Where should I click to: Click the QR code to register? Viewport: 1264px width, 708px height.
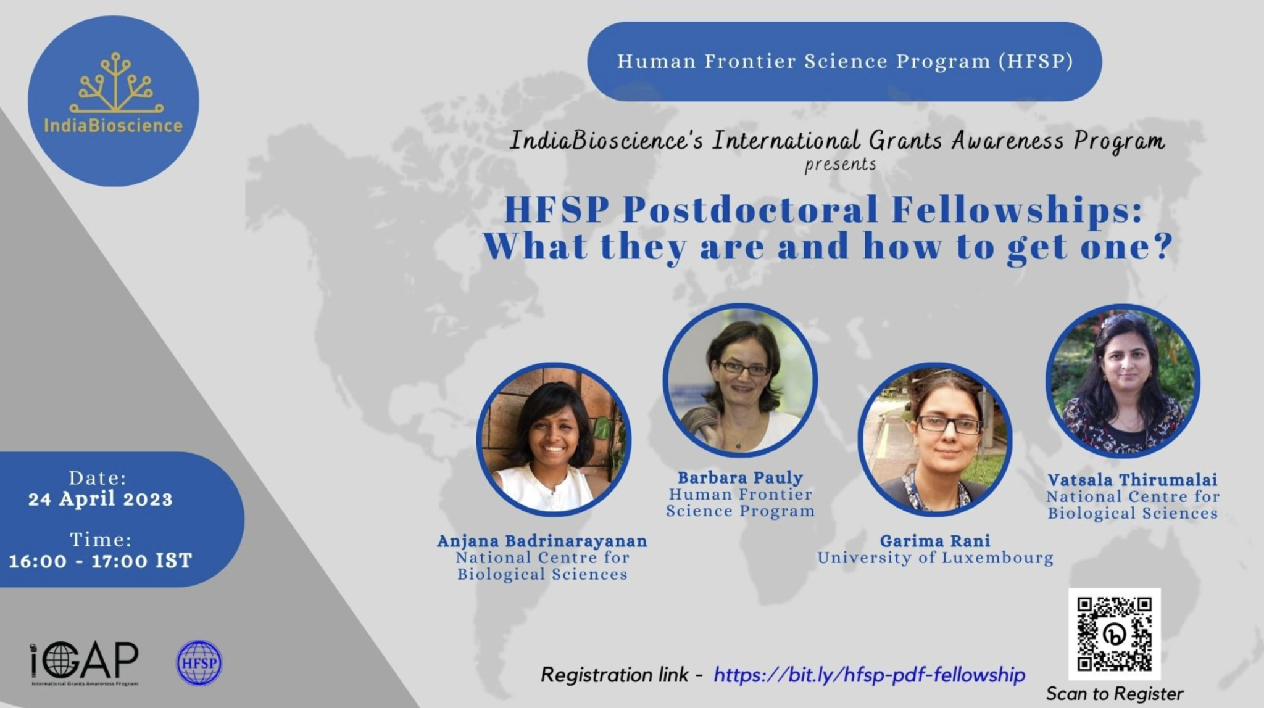1115,634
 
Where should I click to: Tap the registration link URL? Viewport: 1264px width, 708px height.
869,675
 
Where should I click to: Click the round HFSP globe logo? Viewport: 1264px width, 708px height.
199,663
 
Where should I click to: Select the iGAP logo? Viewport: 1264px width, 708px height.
85,664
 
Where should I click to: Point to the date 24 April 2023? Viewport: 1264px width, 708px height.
100,499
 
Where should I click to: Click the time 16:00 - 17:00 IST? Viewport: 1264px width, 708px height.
100,561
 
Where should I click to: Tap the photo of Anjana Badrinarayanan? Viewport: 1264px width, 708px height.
554,439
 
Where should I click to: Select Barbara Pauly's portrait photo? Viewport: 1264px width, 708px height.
740,380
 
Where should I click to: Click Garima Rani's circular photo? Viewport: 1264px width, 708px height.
935,439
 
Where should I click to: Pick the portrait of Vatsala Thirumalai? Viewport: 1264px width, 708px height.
1123,381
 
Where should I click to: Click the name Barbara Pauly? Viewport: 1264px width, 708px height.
740,477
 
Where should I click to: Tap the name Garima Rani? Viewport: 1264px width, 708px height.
935,541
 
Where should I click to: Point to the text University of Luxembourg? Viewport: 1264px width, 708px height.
935,558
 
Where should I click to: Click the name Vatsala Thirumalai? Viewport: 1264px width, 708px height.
1133,480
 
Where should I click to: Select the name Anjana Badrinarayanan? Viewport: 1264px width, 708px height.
542,541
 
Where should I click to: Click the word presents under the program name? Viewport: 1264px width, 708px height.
841,165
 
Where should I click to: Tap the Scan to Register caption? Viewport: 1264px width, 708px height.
1115,694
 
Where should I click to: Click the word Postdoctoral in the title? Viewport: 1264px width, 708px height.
749,210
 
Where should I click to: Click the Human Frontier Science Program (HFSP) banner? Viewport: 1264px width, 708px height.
844,62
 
